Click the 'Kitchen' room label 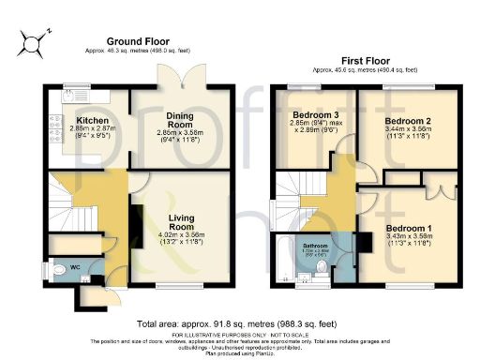point(94,121)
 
